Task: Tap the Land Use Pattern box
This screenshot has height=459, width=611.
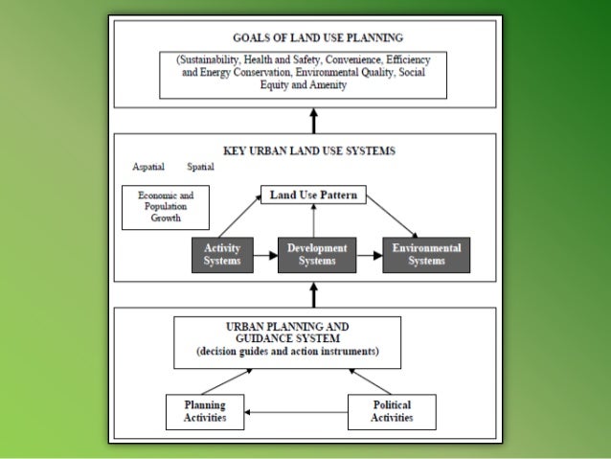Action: click(313, 195)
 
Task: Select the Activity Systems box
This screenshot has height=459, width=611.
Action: click(222, 255)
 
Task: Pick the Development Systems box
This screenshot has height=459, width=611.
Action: click(310, 255)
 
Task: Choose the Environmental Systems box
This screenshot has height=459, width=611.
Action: click(426, 255)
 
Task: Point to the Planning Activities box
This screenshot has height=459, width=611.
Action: click(204, 411)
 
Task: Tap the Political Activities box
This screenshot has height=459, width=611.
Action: click(392, 411)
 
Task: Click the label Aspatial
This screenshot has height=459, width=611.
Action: click(149, 167)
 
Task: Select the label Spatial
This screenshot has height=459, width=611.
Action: click(201, 167)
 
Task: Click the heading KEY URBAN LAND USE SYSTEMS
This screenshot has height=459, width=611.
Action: click(308, 150)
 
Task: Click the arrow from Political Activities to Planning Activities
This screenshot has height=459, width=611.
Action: click(295, 412)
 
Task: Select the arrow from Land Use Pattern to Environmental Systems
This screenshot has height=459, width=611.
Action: click(392, 217)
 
